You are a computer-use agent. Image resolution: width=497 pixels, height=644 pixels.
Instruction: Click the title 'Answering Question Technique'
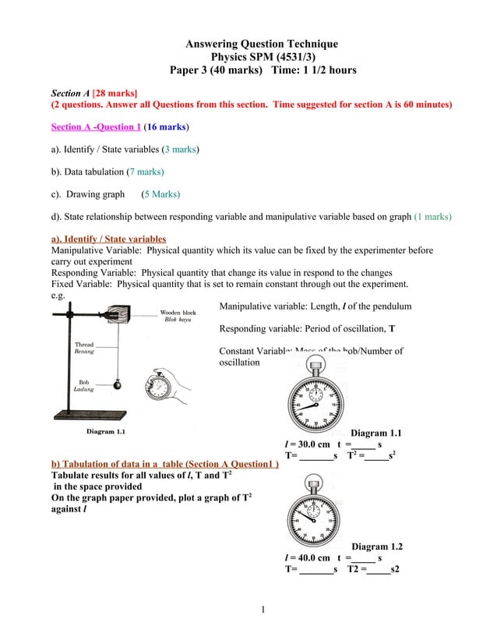[262, 44]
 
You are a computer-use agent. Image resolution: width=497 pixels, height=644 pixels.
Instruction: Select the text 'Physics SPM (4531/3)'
[263, 57]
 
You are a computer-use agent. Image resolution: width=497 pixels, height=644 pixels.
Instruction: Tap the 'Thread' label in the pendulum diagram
[83, 344]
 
